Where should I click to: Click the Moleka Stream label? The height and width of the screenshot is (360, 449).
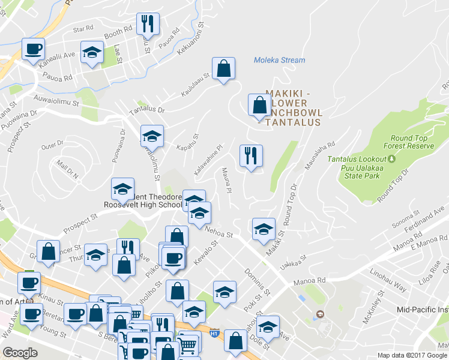pyautogui.click(x=279, y=60)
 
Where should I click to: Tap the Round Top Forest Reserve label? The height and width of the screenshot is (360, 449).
pyautogui.click(x=408, y=142)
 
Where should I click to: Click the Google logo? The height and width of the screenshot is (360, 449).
pyautogui.click(x=20, y=353)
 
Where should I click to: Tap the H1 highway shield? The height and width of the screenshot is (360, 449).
pyautogui.click(x=214, y=331)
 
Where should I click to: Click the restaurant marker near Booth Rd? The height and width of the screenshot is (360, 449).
pyautogui.click(x=146, y=25)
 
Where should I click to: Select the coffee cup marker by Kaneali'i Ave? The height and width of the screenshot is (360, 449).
pyautogui.click(x=33, y=48)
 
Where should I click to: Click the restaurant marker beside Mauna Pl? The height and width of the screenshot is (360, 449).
pyautogui.click(x=250, y=155)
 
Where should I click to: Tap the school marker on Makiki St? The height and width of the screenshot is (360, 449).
pyautogui.click(x=263, y=229)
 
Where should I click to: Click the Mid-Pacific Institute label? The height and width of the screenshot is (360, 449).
pyautogui.click(x=423, y=310)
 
